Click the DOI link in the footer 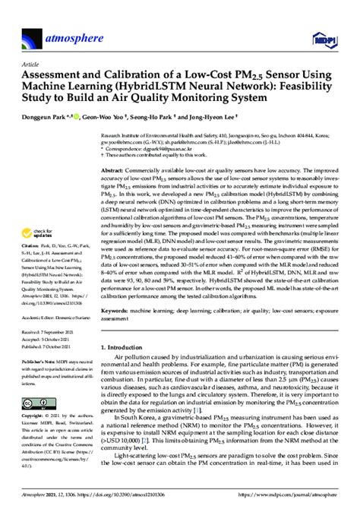click(x=99, y=501)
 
